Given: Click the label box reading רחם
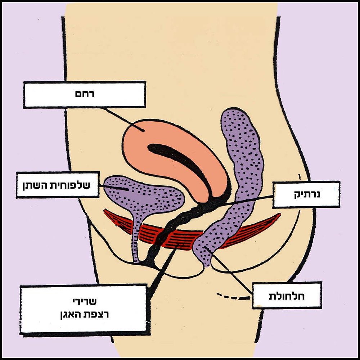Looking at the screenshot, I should coord(84,94).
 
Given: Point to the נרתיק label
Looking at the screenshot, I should coord(306,195).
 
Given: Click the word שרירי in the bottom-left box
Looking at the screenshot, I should coord(84,300).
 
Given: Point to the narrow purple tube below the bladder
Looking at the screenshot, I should coord(136,241).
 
